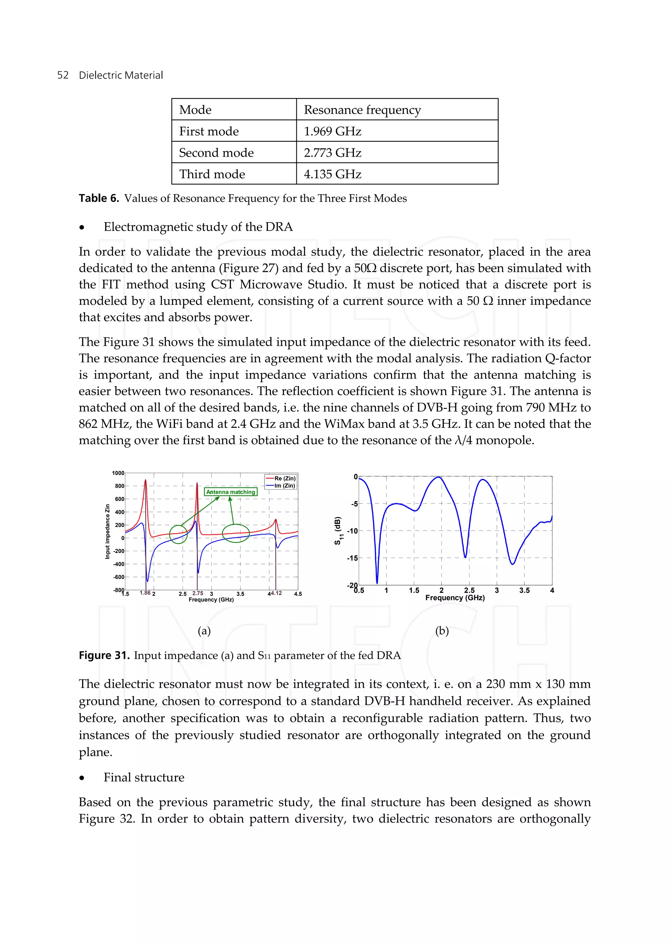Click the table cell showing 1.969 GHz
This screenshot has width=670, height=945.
[332, 131]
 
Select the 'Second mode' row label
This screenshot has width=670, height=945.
[216, 153]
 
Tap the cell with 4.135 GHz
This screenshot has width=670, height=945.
[332, 174]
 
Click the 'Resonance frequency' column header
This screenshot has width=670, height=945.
[362, 110]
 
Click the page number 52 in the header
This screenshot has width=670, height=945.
[63, 75]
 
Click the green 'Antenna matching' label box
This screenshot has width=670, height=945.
[231, 492]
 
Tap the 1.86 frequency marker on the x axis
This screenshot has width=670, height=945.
[145, 593]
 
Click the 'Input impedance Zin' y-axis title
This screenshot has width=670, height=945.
[107, 532]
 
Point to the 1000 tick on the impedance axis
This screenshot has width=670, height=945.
[118, 473]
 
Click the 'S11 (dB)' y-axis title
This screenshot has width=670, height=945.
[338, 531]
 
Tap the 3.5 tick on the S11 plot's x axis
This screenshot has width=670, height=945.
[524, 590]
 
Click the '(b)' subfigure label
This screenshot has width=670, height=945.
[442, 631]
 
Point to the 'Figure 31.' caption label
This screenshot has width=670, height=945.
[104, 656]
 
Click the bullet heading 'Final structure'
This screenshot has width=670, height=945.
[144, 778]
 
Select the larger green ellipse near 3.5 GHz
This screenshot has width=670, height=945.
[236, 534]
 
